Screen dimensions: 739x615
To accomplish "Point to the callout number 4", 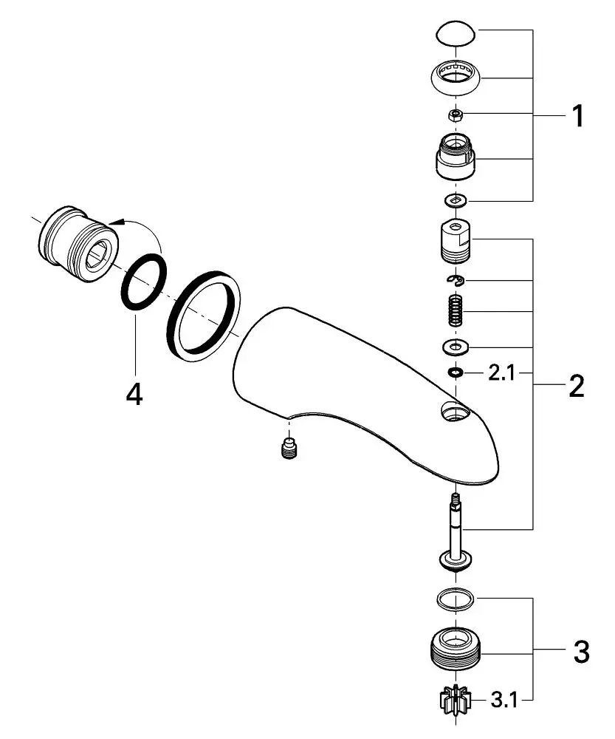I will coord(134,395).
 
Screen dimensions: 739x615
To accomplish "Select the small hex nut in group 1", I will coord(456,115).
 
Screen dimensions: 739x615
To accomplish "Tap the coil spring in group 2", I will coord(456,311).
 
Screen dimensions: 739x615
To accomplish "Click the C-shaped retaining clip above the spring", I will coord(456,280).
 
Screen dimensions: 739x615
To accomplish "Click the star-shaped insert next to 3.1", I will coord(456,701).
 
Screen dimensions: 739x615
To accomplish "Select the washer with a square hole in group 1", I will coord(456,200).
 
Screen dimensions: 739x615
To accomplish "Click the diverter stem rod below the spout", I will coord(456,528).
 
